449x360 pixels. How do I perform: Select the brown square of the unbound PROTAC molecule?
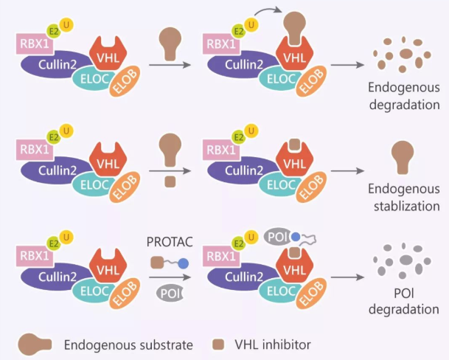156,262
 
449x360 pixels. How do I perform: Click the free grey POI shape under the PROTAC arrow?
169,293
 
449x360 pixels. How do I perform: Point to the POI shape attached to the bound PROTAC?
276,236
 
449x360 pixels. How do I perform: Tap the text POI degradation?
404,301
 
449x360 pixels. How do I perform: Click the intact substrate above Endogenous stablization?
403,156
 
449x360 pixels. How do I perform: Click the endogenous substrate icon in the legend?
35,344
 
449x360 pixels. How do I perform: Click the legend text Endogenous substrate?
128,345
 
